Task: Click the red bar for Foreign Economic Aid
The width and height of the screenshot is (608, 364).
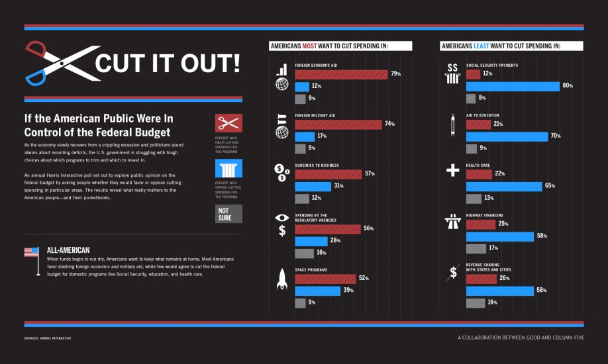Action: click(x=341, y=73)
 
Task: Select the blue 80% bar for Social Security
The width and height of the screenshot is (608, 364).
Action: click(x=513, y=86)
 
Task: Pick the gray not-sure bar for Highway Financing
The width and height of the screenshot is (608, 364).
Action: click(x=476, y=249)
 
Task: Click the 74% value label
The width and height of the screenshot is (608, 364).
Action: click(x=390, y=124)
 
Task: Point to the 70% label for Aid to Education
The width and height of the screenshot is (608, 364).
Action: click(x=555, y=136)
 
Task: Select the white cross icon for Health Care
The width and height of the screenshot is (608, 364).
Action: click(x=453, y=170)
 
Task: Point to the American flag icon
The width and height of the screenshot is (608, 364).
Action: click(x=31, y=252)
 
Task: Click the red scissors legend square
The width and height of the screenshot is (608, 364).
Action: click(x=228, y=123)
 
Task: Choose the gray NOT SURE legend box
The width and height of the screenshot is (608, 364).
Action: click(x=228, y=214)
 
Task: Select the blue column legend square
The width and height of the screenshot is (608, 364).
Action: click(x=228, y=168)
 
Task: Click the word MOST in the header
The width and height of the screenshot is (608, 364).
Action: click(x=310, y=46)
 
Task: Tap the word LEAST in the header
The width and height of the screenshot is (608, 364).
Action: click(x=482, y=46)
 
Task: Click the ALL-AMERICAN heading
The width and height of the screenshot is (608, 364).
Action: click(x=68, y=250)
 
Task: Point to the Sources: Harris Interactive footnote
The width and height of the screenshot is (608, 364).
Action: click(x=47, y=338)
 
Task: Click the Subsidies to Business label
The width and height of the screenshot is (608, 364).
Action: click(x=317, y=165)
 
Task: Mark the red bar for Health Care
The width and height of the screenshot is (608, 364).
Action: click(x=480, y=174)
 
